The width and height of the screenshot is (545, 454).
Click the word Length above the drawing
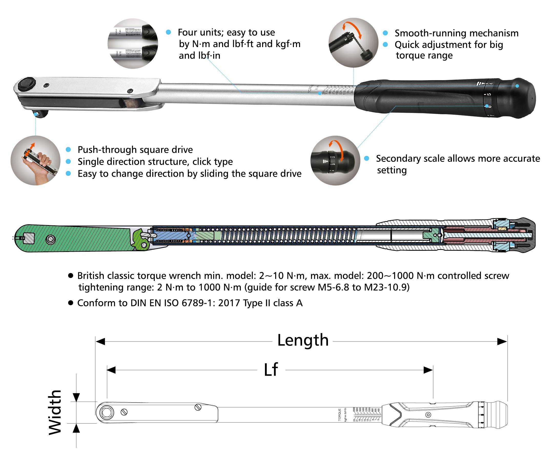pyautogui.click(x=303, y=340)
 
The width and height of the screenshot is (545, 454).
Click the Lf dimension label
pyautogui.click(x=271, y=369)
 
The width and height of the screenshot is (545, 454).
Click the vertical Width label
pyautogui.click(x=55, y=412)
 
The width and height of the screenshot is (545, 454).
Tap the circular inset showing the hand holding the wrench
pyautogui.click(x=36, y=160)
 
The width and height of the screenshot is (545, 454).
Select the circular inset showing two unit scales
pyautogui.click(x=133, y=43)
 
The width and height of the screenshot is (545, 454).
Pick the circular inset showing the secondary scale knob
pyautogui.click(x=335, y=160)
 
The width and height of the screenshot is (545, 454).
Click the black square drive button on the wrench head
pyautogui.click(x=27, y=83)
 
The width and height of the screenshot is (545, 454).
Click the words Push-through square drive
pyautogui.click(x=135, y=150)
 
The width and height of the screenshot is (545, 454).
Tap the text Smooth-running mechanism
pyautogui.click(x=456, y=33)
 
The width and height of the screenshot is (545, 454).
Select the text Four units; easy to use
pyautogui.click(x=226, y=33)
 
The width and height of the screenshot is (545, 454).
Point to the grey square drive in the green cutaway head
pyautogui.click(x=28, y=238)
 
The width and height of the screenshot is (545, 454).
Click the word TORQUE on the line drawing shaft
pyautogui.click(x=340, y=415)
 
